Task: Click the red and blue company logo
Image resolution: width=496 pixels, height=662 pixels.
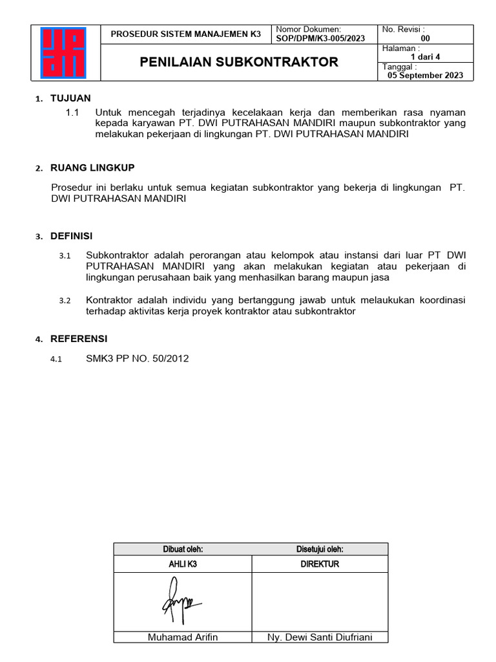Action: coord(67,52)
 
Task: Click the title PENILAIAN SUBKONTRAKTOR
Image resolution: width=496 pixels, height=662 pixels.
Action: coord(240,62)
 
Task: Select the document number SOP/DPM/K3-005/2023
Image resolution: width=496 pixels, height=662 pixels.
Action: coord(320,38)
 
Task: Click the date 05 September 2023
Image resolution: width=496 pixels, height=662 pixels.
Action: coord(425,75)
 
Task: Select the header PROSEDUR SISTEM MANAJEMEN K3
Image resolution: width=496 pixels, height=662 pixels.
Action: coord(186,34)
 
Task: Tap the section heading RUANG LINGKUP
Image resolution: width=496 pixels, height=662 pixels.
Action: coord(92,168)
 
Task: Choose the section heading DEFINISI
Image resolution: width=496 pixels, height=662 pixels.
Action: coord(71,236)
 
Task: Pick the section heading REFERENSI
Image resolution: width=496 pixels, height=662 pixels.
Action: coord(79,339)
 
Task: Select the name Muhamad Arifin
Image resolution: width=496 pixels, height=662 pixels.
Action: coord(183,637)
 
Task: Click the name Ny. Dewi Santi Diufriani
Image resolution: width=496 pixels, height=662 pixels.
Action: coord(319,637)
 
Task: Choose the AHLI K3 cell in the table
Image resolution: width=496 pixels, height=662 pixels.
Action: coord(183,564)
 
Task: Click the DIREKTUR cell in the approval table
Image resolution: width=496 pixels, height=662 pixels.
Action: coord(320,564)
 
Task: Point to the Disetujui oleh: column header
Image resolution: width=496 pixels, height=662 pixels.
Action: coord(320,550)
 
